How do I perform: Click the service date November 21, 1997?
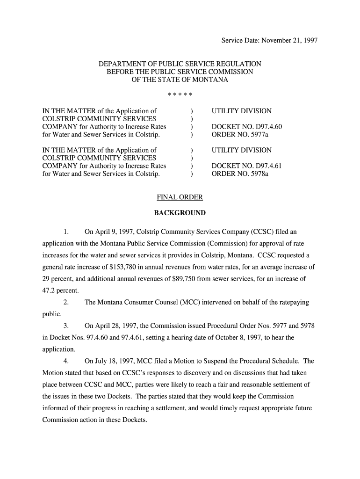(289, 40)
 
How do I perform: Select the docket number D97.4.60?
(247, 127)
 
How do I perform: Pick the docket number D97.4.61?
(247, 166)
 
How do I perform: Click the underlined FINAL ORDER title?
(180, 197)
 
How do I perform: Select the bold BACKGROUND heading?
(180, 213)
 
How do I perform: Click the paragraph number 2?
(66, 302)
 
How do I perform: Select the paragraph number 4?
(66, 361)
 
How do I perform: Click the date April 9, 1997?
(114, 232)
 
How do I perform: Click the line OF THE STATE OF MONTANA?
(180, 80)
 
